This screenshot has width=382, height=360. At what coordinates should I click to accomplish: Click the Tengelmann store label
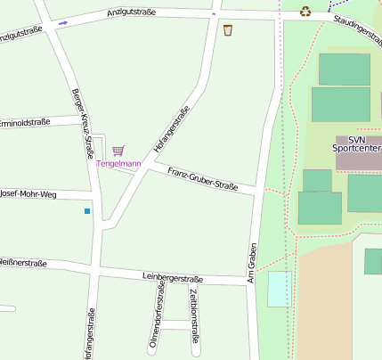118,164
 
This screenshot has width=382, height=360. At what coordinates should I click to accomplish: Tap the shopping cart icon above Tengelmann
118,151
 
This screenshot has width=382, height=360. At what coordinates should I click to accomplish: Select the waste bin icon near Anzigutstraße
228,30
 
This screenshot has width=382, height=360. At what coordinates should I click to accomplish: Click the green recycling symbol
306,12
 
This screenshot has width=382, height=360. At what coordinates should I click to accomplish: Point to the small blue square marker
87,211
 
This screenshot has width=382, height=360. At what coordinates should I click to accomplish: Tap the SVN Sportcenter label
357,144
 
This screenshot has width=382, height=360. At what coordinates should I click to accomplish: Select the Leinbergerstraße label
173,279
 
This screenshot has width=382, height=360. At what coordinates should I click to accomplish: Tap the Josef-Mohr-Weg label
28,192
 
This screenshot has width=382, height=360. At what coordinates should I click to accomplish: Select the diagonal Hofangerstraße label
171,129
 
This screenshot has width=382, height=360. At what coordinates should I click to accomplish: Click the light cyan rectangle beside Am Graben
280,289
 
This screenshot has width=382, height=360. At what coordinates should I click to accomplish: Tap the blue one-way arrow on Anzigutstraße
63,22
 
